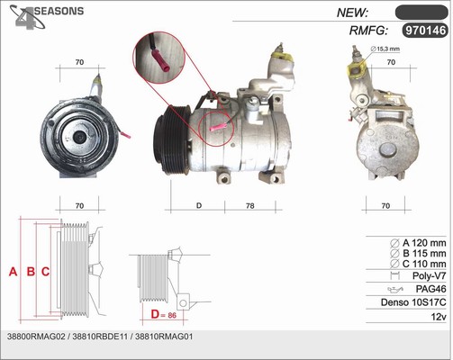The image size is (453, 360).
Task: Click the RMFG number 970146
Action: click(425, 31)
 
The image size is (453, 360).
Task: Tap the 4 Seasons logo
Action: click(47, 17)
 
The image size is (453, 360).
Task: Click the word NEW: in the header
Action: click(352, 13)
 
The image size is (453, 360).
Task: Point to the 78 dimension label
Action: click(249, 206)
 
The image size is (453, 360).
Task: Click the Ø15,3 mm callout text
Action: click(385, 49)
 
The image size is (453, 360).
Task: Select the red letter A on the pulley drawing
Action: click(13, 272)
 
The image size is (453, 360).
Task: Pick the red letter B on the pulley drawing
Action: click(31, 272)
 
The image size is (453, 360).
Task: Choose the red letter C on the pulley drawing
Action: click(45, 272)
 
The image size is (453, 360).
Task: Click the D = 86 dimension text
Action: click(164, 315)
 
